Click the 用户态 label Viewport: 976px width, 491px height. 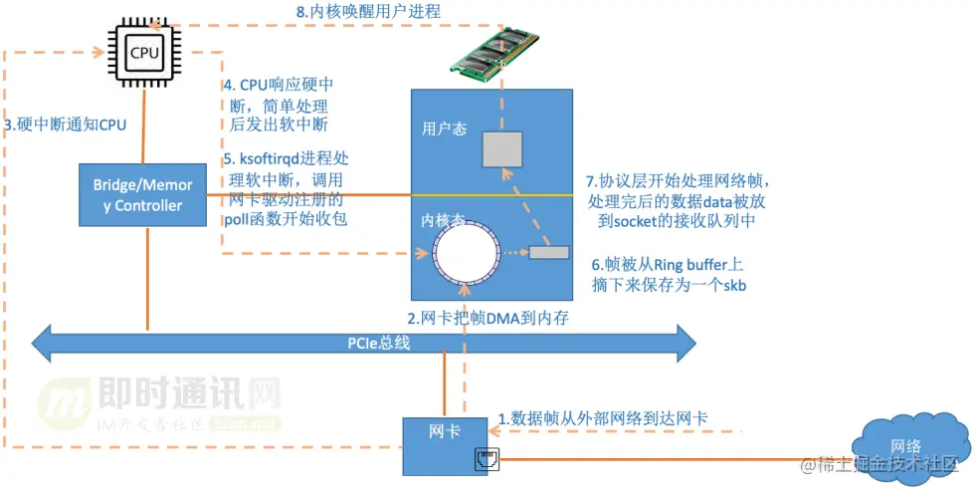445,128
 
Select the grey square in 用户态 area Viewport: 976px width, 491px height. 502,148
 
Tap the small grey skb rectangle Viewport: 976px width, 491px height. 548,252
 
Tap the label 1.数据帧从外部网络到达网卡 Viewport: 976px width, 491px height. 604,418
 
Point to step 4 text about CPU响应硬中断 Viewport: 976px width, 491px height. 278,105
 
